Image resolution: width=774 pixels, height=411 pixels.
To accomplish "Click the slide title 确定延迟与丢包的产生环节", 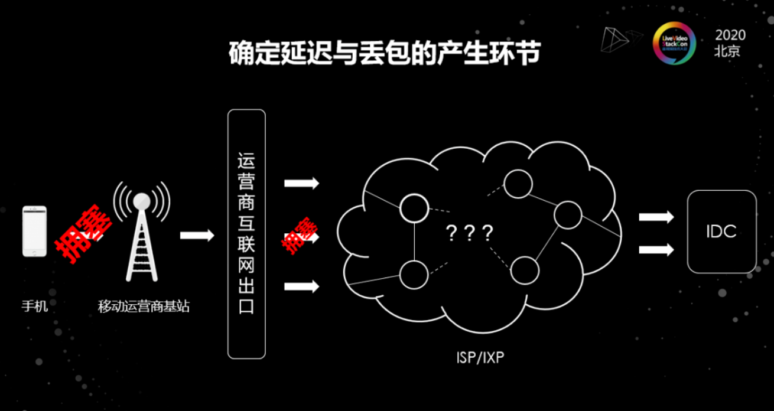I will point(385,53).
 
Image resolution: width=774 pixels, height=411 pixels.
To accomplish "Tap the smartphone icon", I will point(34,231).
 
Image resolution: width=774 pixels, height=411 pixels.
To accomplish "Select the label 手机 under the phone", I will point(34,306).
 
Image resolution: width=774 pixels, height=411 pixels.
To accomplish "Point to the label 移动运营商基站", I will point(144,306).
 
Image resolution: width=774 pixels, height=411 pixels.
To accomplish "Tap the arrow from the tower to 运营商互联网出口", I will point(197,236).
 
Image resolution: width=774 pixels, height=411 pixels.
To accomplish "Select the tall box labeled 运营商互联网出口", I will point(246,234).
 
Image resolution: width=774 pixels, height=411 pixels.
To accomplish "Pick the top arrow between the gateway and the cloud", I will point(301,183).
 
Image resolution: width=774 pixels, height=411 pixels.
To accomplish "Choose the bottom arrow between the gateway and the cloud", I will point(301,287).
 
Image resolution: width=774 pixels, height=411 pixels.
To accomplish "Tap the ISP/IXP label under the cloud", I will point(480,357).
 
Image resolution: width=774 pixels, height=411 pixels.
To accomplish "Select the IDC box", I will point(721,231).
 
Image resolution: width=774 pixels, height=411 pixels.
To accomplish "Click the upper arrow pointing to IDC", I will point(656,217).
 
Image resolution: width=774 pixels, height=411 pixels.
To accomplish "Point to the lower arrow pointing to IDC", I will point(656,249).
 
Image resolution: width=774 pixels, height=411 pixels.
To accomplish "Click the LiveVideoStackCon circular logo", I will point(674,43).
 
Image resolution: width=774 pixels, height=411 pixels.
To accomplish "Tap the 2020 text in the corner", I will point(730,35).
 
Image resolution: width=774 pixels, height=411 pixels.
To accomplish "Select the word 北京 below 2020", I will point(727,51).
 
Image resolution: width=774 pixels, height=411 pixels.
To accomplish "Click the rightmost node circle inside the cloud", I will point(568,215).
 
